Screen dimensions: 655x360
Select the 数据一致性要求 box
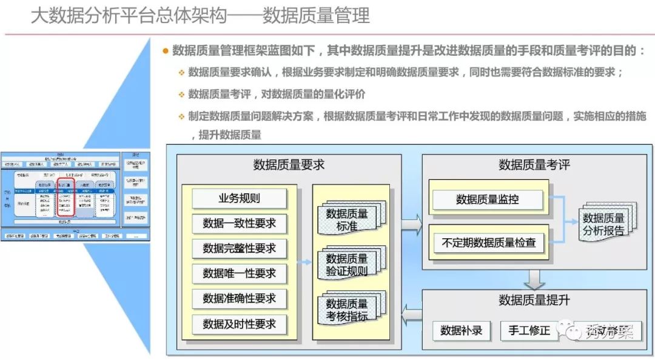pyautogui.click(x=239, y=223)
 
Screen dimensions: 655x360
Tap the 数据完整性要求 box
pyautogui.click(x=239, y=248)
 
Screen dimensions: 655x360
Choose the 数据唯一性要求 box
pyautogui.click(x=239, y=273)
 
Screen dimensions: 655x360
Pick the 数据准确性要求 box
pyautogui.click(x=239, y=299)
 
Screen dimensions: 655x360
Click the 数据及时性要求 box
pyautogui.click(x=239, y=324)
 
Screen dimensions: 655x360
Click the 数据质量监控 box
pyautogui.click(x=487, y=198)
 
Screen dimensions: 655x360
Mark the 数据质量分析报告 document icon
pyautogui.click(x=603, y=224)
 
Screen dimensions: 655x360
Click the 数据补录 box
pyautogui.click(x=461, y=330)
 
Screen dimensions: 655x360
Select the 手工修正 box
pyautogui.click(x=529, y=330)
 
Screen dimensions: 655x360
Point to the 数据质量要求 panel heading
pyautogui.click(x=289, y=164)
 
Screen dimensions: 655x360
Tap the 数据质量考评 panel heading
pyautogui.click(x=534, y=164)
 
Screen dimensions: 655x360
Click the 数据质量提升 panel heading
pyautogui.click(x=534, y=300)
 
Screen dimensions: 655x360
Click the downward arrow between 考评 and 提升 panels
pyautogui.click(x=534, y=279)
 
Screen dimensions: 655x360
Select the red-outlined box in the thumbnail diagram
pyautogui.click(x=65, y=197)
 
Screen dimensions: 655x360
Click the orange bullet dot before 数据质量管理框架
pyautogui.click(x=165, y=51)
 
